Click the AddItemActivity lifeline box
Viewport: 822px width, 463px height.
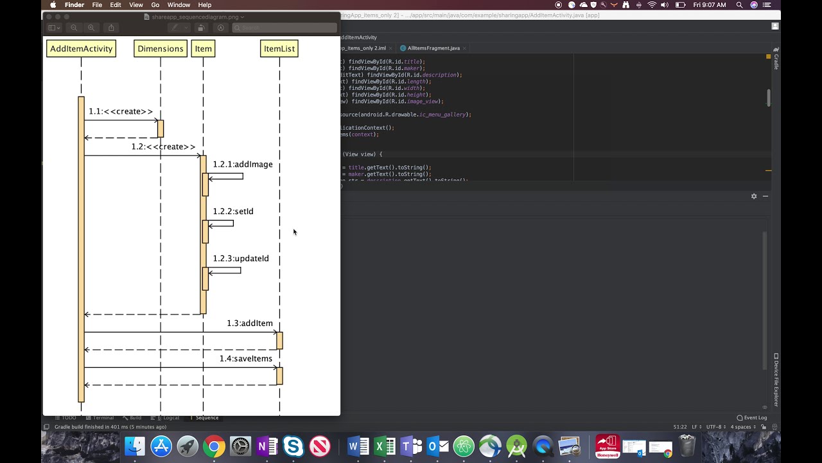pos(81,49)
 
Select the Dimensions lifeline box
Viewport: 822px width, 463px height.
pos(161,49)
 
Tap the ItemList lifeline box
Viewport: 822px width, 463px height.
pos(279,49)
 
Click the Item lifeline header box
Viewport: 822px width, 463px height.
pos(203,49)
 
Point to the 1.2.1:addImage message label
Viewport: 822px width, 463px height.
pos(243,165)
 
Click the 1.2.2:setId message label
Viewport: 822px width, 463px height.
pos(233,212)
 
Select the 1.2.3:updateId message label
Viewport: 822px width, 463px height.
pos(241,259)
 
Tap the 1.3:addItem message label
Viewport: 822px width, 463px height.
pos(249,323)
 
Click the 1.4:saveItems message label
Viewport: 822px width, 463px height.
pos(245,359)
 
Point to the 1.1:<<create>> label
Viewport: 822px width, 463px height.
pos(121,112)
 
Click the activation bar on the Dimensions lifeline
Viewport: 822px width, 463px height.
pos(161,129)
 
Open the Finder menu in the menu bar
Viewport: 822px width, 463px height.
pos(74,5)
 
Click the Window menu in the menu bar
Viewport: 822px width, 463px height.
pos(179,5)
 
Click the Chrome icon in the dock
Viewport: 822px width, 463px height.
pos(214,446)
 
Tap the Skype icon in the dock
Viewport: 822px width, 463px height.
pos(293,446)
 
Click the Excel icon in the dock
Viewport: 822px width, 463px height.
pos(385,446)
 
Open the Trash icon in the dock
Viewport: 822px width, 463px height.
pos(687,446)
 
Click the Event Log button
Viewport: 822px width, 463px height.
pos(752,418)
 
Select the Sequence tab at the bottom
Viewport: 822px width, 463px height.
pos(206,418)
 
